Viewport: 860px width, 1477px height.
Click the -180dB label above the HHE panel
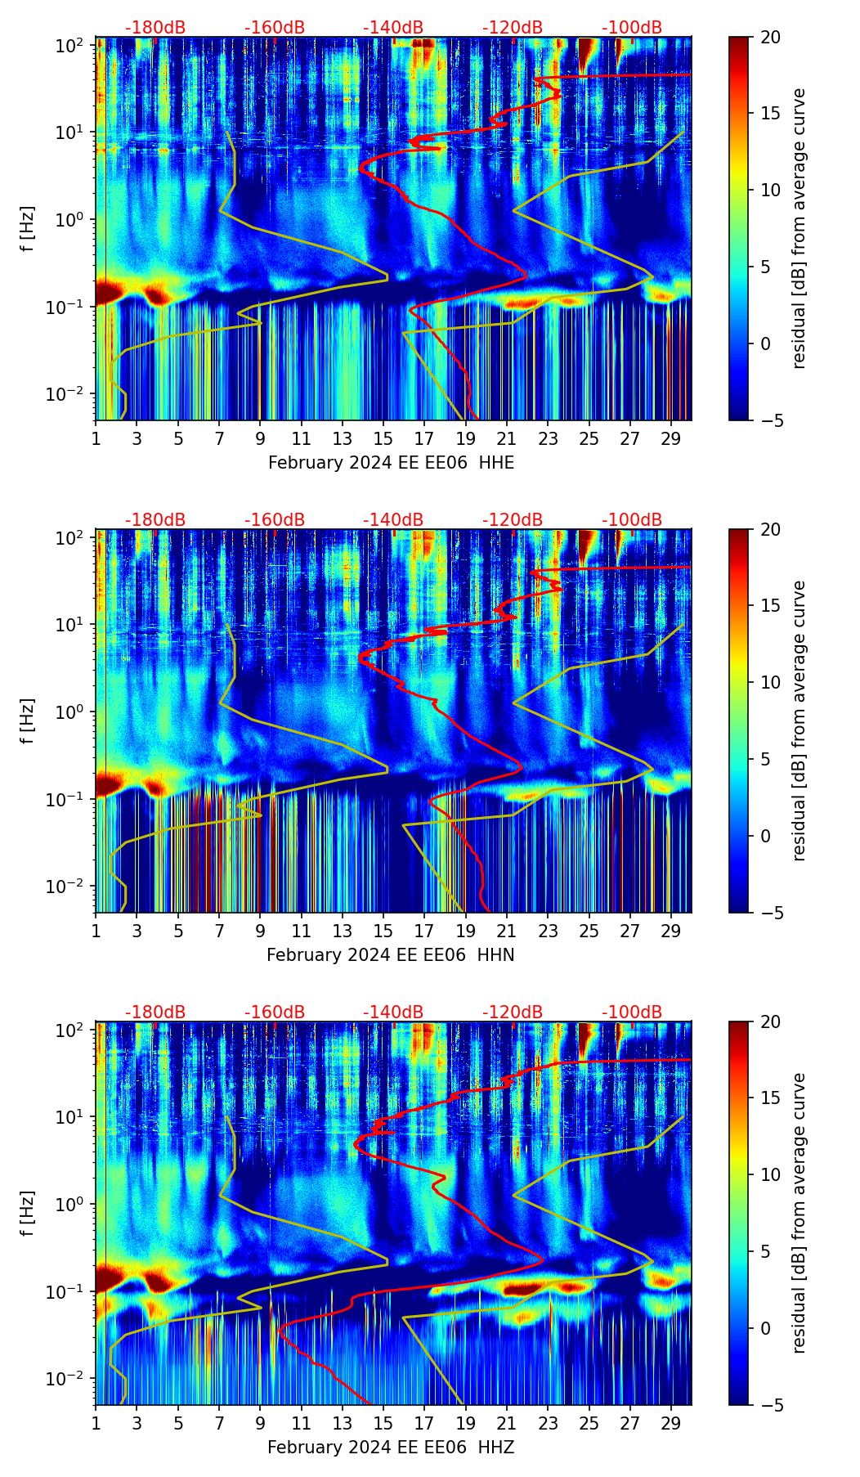pyautogui.click(x=155, y=28)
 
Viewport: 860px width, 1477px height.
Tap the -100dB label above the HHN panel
pyautogui.click(x=632, y=520)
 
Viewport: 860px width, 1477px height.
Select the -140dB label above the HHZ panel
pyautogui.click(x=393, y=1012)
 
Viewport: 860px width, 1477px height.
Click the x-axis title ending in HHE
pyautogui.click(x=391, y=463)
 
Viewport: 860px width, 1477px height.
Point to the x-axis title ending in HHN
pyautogui.click(x=390, y=955)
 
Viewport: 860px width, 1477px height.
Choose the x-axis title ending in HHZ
pyautogui.click(x=390, y=1448)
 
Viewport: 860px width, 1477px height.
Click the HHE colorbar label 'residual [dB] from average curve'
pyautogui.click(x=800, y=228)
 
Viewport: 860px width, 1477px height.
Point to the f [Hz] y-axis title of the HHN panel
pyautogui.click(x=29, y=721)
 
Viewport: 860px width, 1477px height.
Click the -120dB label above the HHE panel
pyautogui.click(x=513, y=28)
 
